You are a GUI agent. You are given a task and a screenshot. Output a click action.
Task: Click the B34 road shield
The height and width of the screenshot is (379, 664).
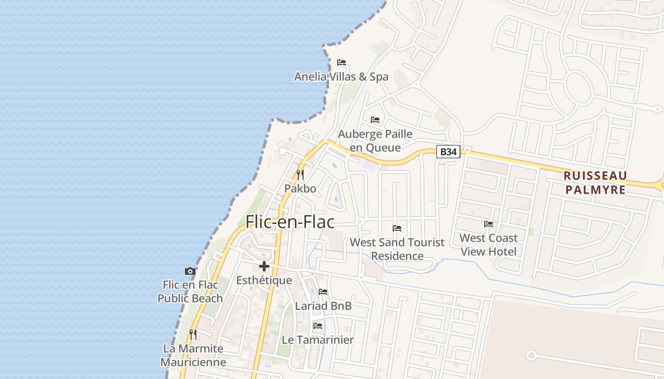448,152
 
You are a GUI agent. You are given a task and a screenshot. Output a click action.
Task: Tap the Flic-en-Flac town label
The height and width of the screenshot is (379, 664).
290,222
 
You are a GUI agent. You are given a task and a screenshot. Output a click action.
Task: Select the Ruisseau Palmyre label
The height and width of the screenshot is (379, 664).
595,182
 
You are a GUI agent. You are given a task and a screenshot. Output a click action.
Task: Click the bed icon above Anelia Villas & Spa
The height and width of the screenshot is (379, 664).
341,63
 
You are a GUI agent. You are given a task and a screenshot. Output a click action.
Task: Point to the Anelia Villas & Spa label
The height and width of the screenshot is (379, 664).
341,77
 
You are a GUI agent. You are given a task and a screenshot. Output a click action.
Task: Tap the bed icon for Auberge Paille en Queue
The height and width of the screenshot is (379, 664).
375,120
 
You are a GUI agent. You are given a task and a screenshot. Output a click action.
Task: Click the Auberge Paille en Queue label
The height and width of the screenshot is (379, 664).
375,141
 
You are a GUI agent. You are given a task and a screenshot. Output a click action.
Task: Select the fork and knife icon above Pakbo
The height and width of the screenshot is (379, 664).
300,175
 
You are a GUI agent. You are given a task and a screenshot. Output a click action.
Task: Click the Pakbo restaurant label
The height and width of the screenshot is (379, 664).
300,189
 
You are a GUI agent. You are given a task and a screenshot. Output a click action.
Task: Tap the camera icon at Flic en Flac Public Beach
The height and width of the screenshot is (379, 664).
190,271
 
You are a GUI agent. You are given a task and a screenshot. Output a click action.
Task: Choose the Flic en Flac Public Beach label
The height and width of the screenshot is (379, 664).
190,291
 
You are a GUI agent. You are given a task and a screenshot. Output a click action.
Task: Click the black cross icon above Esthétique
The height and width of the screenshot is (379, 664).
264,266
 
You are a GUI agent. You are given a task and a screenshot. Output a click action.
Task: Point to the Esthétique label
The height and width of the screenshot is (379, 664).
264,280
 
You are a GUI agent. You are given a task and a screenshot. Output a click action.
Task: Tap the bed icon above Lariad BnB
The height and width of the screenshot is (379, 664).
323,292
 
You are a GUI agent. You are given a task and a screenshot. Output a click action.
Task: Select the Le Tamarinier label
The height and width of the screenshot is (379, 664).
318,340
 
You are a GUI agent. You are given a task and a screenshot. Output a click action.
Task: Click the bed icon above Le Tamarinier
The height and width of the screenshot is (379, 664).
318,326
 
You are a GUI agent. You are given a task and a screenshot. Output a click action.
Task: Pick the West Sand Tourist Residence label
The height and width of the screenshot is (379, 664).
397,249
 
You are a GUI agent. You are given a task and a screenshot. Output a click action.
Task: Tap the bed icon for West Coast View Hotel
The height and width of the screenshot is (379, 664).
489,224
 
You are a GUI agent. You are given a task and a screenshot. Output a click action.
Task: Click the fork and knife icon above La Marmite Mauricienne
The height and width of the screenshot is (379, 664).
193,334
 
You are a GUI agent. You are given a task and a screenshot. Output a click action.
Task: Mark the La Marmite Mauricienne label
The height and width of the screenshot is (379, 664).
193,355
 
